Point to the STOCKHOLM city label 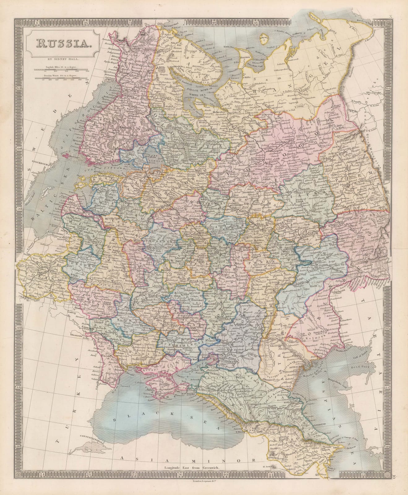[38, 161]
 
